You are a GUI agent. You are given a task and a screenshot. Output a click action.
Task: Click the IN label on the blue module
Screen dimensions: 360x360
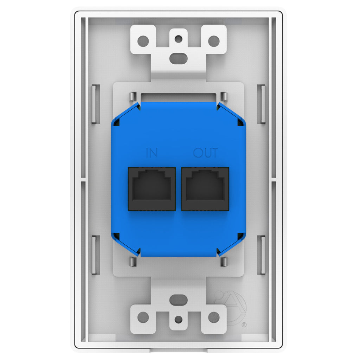coord(152,153)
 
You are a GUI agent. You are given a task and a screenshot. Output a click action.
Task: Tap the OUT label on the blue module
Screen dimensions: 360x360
coord(205,153)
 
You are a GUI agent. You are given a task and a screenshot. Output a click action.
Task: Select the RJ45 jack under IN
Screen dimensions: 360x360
coord(152,189)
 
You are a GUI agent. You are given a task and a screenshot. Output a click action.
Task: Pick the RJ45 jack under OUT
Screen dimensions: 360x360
coord(205,189)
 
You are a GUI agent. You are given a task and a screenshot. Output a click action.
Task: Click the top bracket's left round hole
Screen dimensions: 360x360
coord(143,41)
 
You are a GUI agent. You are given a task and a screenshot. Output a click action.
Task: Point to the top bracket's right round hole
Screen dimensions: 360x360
coord(214,41)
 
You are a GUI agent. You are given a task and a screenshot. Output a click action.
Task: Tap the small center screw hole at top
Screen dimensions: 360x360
coord(178,39)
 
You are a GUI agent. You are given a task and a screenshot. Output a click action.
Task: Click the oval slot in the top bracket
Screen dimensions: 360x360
coord(178,58)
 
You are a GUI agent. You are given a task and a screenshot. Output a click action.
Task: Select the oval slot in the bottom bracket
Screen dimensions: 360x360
coord(178,300)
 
